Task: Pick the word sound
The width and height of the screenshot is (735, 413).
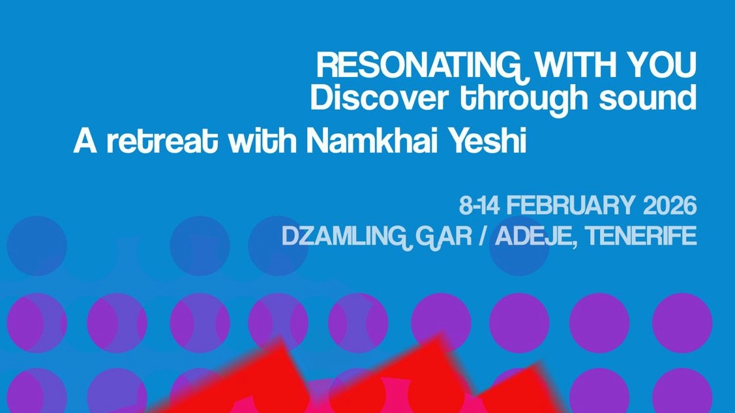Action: [x=648, y=99]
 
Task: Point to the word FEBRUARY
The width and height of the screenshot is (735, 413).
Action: [x=569, y=206]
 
